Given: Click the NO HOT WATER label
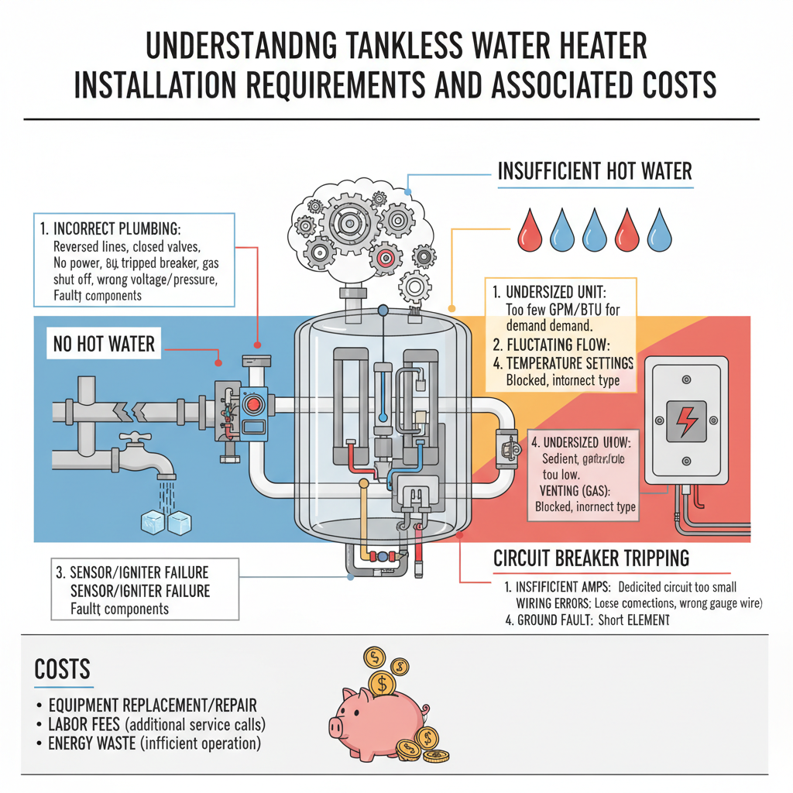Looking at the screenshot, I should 105,343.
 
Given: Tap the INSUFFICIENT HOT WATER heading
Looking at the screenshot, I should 595,171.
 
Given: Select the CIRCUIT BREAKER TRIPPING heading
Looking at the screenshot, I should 591,558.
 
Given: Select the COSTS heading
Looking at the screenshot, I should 63,670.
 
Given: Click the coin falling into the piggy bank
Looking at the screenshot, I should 380,684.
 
